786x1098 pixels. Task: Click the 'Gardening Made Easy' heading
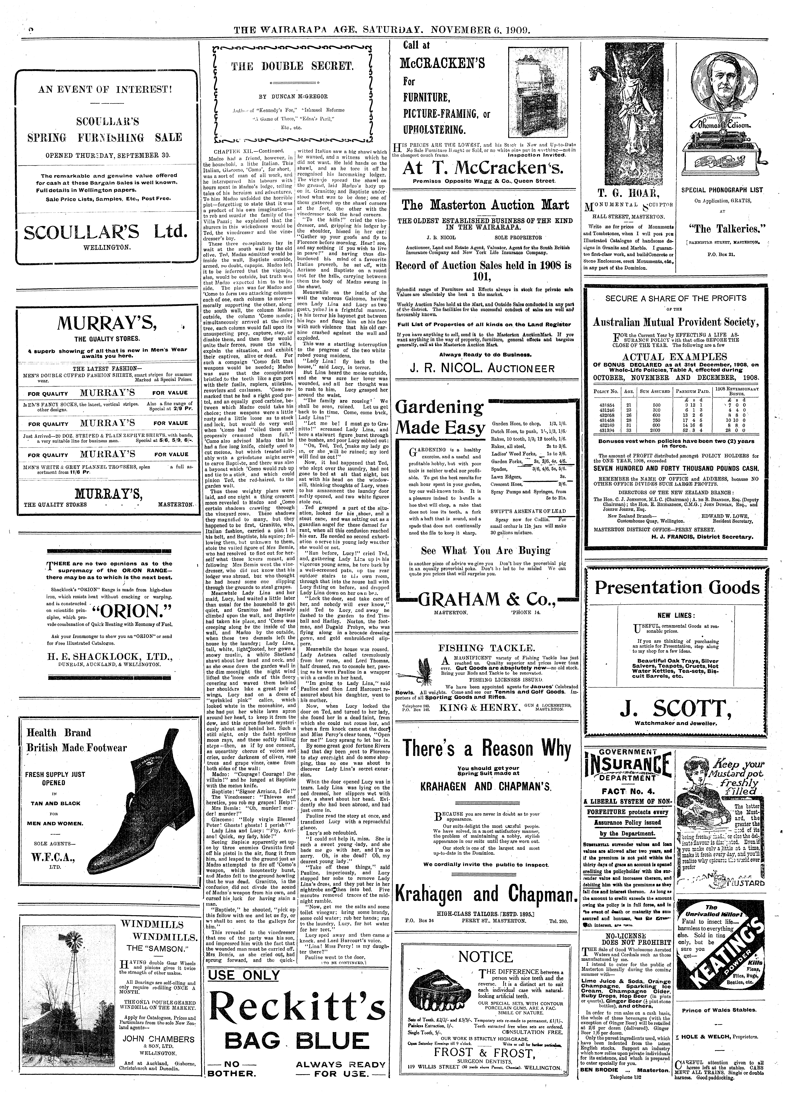tap(439, 417)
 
